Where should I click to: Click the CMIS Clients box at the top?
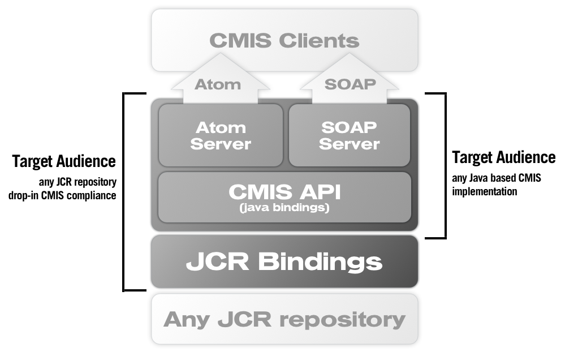[284, 40]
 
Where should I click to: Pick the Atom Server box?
[221, 135]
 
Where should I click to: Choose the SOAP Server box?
[349, 135]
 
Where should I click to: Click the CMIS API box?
[284, 197]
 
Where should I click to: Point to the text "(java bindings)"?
[284, 208]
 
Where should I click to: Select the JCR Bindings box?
[284, 262]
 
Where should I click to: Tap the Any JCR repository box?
[284, 319]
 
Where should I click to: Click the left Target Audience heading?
[64, 161]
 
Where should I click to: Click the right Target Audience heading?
[504, 157]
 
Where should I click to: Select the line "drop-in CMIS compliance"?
[62, 196]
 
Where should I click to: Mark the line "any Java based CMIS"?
[497, 178]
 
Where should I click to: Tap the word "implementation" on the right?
[484, 191]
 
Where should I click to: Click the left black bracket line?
[124, 192]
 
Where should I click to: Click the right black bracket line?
[445, 164]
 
